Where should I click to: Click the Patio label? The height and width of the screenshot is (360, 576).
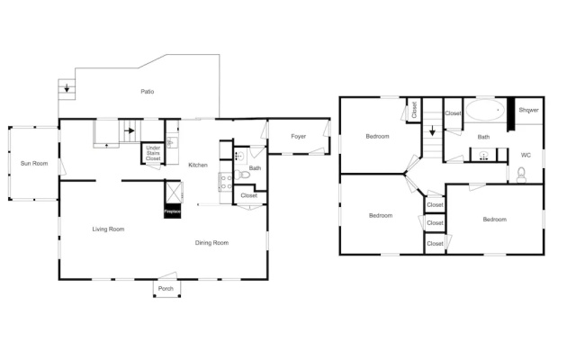coord(148,92)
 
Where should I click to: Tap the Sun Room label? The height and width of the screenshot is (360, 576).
coord(34,164)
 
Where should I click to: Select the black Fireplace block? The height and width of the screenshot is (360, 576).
coord(172,211)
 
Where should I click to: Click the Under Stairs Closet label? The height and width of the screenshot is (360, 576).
coord(153,153)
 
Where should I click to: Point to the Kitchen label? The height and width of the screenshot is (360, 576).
coord(198,165)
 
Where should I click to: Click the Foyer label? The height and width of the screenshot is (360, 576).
coord(298,136)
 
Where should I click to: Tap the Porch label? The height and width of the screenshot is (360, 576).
coord(166,288)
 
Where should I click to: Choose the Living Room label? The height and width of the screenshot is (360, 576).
coord(108,229)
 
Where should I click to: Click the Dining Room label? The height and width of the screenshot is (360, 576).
coord(212,243)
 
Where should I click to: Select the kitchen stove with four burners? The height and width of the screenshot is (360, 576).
coord(226,182)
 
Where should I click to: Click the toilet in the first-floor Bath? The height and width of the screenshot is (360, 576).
coord(242,175)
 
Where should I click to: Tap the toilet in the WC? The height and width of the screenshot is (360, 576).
coord(521,175)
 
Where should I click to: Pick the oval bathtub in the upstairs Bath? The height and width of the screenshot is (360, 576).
coord(485,110)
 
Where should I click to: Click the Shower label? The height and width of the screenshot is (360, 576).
coord(529,110)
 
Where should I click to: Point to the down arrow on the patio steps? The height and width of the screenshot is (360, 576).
coord(67,88)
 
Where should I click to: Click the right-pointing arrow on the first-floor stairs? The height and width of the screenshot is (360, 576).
coord(130,130)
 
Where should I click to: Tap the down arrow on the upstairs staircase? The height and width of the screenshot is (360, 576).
coord(432,130)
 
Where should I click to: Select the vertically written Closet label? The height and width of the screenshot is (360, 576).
coord(414,110)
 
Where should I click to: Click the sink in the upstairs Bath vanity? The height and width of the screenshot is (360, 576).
coord(484,155)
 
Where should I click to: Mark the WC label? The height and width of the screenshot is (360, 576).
coord(526,156)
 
